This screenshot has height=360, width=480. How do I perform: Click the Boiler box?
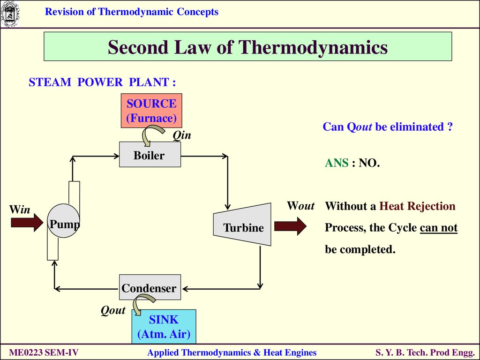pyautogui.click(x=150, y=154)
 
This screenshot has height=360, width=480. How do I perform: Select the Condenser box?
pyautogui.click(x=150, y=287)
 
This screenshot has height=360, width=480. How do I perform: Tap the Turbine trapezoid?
pyautogui.click(x=242, y=225)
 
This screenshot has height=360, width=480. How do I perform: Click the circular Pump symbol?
pyautogui.click(x=63, y=221)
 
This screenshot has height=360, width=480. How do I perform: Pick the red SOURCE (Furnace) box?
pyautogui.click(x=151, y=111)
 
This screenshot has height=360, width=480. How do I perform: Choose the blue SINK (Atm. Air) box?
pyautogui.click(x=164, y=327)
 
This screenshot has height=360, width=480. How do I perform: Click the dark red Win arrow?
pyautogui.click(x=27, y=223)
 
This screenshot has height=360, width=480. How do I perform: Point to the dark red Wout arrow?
pyautogui.click(x=290, y=226)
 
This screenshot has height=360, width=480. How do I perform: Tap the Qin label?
pyautogui.click(x=182, y=135)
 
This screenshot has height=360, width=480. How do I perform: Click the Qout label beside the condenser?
pyautogui.click(x=113, y=310)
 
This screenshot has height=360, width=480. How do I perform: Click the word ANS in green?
pyautogui.click(x=337, y=163)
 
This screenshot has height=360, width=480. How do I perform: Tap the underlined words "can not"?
pyautogui.click(x=439, y=228)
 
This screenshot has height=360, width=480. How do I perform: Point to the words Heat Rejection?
pyautogui.click(x=417, y=206)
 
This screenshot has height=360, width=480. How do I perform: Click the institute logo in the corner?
pyautogui.click(x=10, y=14)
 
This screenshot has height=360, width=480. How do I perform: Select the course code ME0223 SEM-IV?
pyautogui.click(x=44, y=352)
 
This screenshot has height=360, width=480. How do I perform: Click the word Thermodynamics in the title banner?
pyautogui.click(x=313, y=47)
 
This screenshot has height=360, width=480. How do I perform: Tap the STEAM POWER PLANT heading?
pyautogui.click(x=102, y=82)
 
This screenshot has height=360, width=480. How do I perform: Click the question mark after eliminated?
pyautogui.click(x=450, y=127)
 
